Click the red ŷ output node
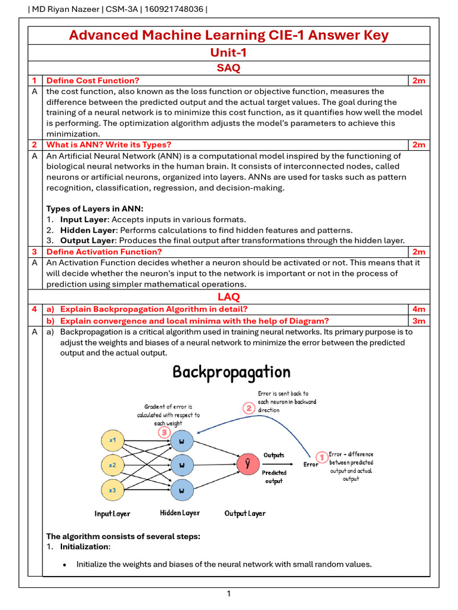click(x=247, y=465)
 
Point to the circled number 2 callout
click(x=249, y=408)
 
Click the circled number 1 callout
click(x=321, y=457)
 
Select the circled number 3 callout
click(x=162, y=432)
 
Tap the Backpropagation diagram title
click(x=231, y=372)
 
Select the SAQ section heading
click(x=228, y=68)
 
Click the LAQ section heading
click(x=228, y=296)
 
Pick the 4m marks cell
click(x=419, y=309)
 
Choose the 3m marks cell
click(x=419, y=320)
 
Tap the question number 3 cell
click(x=35, y=251)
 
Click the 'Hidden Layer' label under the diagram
click(x=180, y=513)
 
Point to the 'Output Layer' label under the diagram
click(x=245, y=513)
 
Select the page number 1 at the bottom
click(x=228, y=593)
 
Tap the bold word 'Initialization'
click(x=85, y=546)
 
